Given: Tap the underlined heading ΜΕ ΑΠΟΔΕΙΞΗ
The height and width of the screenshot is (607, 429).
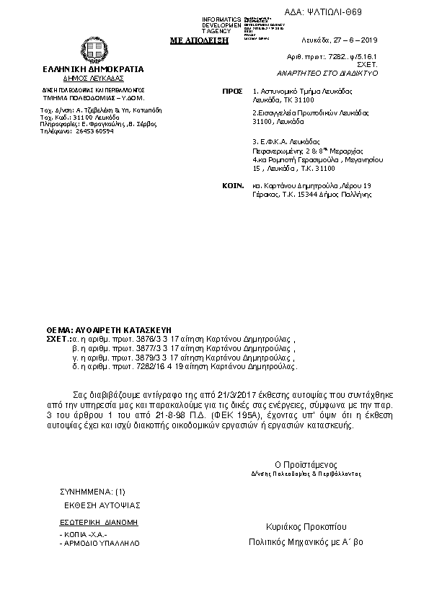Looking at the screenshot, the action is click(198, 40).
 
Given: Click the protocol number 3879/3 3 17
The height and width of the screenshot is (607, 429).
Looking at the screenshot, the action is click(159, 356).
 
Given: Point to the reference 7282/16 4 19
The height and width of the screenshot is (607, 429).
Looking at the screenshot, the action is click(161, 365).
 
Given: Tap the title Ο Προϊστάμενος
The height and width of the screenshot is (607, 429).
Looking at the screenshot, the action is click(306, 464).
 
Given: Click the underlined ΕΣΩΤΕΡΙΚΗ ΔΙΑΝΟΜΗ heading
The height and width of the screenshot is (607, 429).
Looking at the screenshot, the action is click(98, 520).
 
